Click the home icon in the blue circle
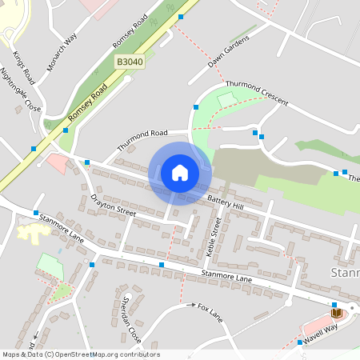coord(180,173)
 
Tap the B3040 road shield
coord(129,62)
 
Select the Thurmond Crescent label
coord(257,93)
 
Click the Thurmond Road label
coord(142,140)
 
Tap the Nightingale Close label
coord(21,89)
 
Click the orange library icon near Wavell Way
coord(335,311)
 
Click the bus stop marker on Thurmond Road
coord(195,106)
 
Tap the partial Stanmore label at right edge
coord(345,274)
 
